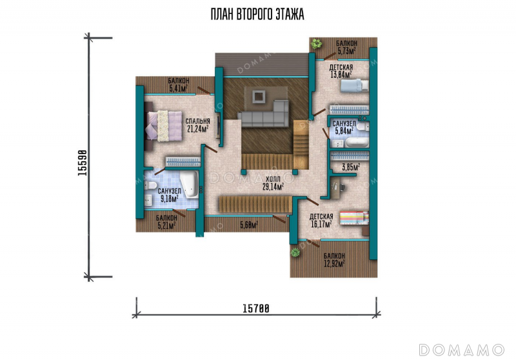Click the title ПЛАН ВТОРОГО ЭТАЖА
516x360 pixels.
257,14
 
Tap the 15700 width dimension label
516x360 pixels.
255,308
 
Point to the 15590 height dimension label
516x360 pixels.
83,163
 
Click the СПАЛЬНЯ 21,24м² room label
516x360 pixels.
198,125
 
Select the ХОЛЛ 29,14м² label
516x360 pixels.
273,183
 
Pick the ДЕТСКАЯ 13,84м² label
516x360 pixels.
341,71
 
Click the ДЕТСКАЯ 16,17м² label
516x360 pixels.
321,221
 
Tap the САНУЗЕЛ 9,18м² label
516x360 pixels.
170,195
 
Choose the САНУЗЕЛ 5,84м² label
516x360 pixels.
344,127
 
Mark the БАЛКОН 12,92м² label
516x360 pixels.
334,259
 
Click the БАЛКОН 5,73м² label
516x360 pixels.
346,47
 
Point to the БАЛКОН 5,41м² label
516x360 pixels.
179,85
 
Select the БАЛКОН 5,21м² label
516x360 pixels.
166,222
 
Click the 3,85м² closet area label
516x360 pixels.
351,167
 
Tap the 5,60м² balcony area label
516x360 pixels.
249,225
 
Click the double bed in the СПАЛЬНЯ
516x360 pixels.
163,126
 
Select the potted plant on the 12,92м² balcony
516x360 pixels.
295,252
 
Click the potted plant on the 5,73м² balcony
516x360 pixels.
317,43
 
